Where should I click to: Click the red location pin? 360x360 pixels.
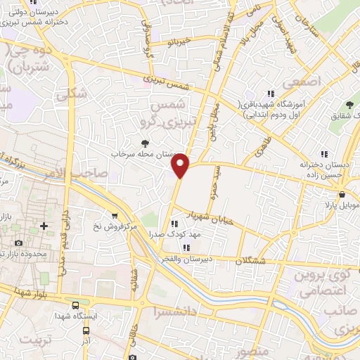tap(181, 165)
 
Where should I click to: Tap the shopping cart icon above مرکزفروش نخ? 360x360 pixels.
tap(115, 216)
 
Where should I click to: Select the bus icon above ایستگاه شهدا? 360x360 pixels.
tap(75, 305)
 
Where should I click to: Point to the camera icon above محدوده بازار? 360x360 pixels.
tap(18, 243)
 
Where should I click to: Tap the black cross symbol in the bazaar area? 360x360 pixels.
tap(44, 226)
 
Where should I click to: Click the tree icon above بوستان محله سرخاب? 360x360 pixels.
tap(145, 142)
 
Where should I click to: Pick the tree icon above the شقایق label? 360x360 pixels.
tap(349, 105)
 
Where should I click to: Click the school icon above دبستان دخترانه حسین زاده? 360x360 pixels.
tap(324, 153)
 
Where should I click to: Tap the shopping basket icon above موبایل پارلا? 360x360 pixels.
tap(342, 195)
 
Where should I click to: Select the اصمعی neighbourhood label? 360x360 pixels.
tap(304, 82)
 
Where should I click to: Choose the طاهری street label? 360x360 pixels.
tap(257, 146)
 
